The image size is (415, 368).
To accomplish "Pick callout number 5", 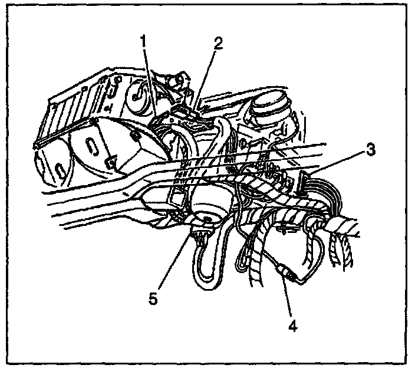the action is pyautogui.click(x=153, y=298).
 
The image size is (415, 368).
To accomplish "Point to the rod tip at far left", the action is pyautogui.click(x=37, y=144).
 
